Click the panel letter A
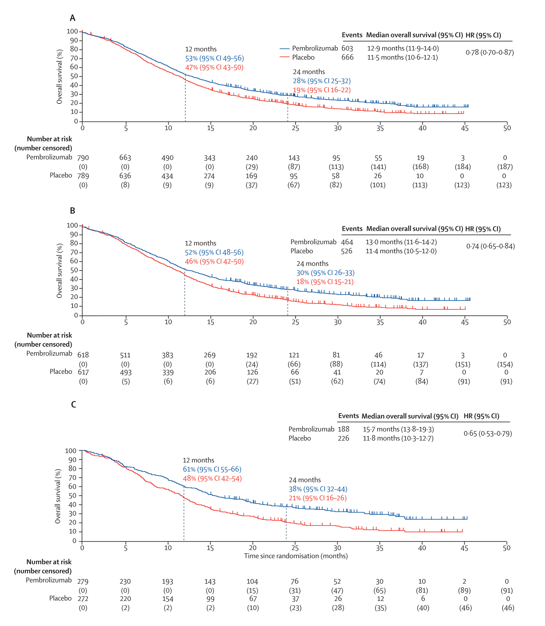[72, 18]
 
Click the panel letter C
[73, 404]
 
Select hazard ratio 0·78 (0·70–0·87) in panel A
[490, 52]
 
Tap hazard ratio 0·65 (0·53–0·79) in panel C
[488, 433]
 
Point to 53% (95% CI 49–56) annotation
[214, 58]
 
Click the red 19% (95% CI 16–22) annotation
[322, 90]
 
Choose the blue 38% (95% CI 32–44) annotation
[318, 489]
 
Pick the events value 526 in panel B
[346, 251]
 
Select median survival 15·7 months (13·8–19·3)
[398, 429]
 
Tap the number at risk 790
[83, 158]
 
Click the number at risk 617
[83, 372]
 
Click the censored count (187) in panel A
[505, 167]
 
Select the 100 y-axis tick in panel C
[71, 450]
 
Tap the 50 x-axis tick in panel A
[507, 128]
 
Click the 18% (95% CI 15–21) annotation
[325, 282]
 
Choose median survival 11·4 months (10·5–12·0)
[401, 251]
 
